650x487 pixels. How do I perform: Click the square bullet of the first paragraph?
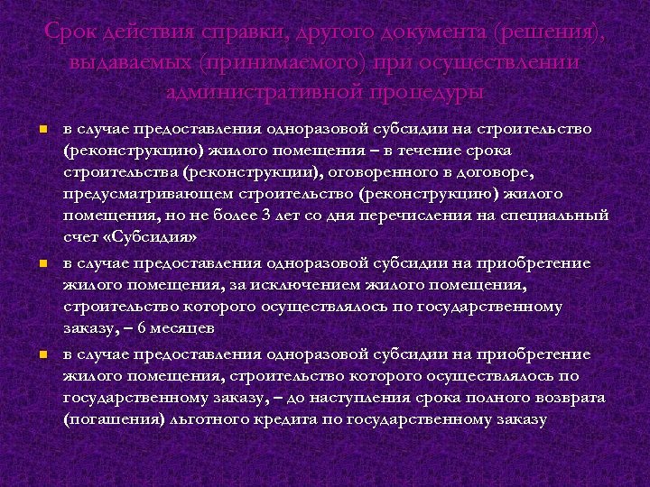coord(42,129)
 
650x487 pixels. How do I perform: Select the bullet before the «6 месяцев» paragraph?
coord(42,263)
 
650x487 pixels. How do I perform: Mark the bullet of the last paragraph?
coord(42,354)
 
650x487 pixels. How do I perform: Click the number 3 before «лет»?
coord(265,216)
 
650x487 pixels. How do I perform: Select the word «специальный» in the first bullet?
coord(561,216)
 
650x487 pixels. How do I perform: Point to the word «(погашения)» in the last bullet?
coord(107,419)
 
